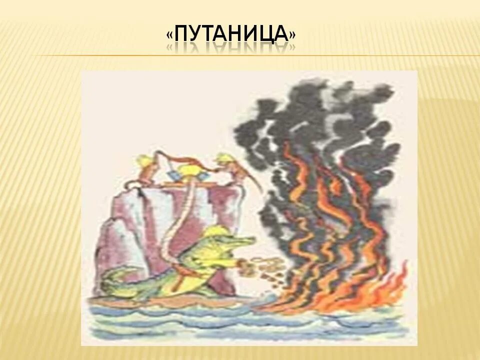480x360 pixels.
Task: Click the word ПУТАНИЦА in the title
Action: (x=230, y=34)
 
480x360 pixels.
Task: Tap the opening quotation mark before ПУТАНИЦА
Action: (x=170, y=35)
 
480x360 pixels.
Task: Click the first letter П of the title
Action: (x=183, y=34)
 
